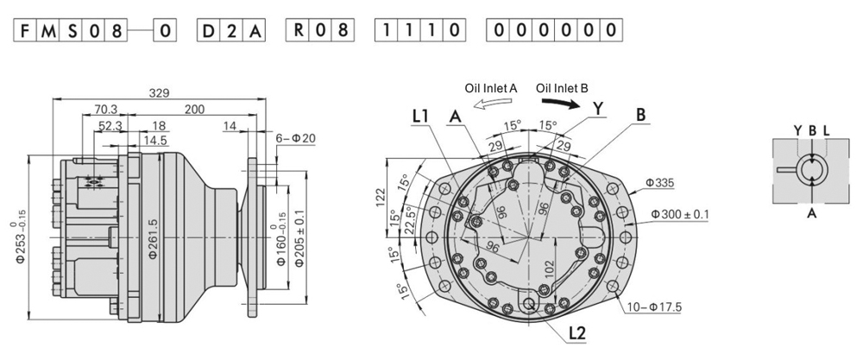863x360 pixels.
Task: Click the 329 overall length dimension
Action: [158, 93]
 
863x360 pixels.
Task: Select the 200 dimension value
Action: [195, 110]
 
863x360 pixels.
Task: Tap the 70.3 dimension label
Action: [105, 110]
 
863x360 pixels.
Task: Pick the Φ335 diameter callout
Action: [661, 183]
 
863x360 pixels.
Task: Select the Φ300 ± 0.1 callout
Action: [680, 214]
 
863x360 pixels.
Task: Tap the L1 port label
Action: [421, 115]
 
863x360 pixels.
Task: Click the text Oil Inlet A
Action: [490, 87]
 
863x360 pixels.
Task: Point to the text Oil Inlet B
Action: [562, 87]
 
